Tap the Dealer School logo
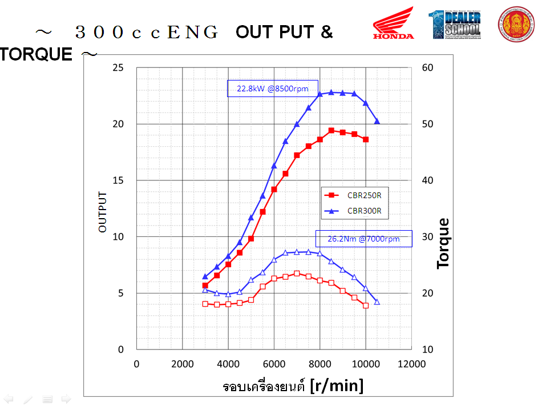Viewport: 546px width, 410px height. click(x=455, y=24)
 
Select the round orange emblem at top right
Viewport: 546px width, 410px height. click(x=516, y=24)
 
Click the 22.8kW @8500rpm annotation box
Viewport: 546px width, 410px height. click(x=273, y=89)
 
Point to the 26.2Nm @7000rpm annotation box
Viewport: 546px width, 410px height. click(x=363, y=239)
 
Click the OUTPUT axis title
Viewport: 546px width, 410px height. click(x=103, y=211)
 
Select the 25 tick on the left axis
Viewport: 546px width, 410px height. click(x=118, y=67)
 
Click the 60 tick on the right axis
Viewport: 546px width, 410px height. click(x=427, y=67)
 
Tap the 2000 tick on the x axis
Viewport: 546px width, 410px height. click(x=182, y=364)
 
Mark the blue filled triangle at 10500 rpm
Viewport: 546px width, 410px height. click(x=377, y=121)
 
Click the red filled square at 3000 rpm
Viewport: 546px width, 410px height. click(x=205, y=285)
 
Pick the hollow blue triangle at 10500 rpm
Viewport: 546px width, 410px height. click(x=377, y=302)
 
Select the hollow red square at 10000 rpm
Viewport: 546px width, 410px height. click(x=366, y=306)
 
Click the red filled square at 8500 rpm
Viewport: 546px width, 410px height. click(x=331, y=131)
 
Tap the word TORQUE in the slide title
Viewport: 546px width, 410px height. click(x=37, y=54)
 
